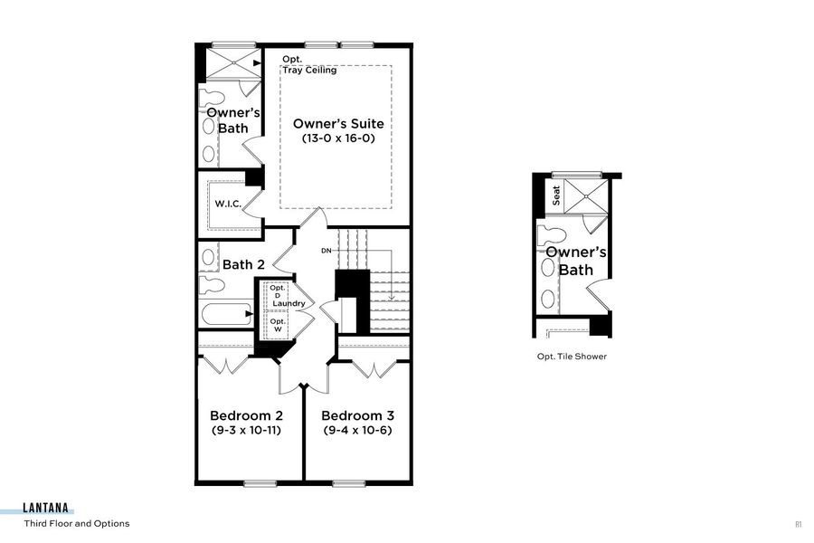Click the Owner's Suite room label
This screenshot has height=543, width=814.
point(337,124)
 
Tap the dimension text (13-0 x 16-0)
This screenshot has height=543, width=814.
point(337,139)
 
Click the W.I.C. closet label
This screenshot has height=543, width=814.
point(227,204)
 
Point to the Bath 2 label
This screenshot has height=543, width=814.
point(243,264)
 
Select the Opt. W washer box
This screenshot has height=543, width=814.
point(277,325)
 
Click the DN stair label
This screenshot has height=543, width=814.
point(327,251)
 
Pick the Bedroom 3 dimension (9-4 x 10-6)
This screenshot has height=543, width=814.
point(359,431)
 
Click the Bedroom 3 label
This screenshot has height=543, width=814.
point(359,415)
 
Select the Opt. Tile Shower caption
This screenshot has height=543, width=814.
point(572,357)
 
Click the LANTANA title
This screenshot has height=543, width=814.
point(49,510)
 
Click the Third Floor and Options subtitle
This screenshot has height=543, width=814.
point(77,524)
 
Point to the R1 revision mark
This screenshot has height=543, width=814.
point(799,524)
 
